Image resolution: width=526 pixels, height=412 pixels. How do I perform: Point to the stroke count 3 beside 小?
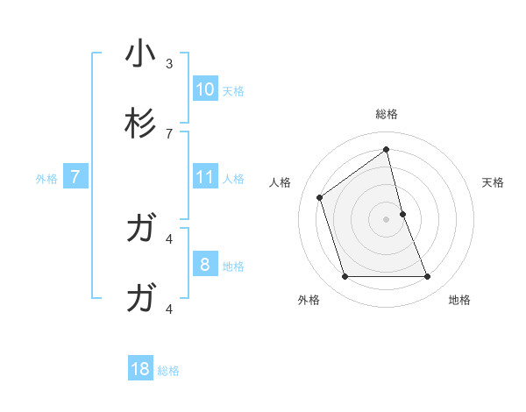(x=169, y=64)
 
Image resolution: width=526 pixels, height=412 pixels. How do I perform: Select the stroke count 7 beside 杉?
(x=169, y=133)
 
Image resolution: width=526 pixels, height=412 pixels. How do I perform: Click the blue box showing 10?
(x=205, y=89)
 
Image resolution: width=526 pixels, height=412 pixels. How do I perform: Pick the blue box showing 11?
(x=205, y=177)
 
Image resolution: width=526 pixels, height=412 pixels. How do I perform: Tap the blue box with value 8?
(x=205, y=264)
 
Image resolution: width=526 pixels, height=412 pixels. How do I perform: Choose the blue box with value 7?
(x=75, y=177)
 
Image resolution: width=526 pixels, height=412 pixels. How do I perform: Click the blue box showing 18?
(x=140, y=369)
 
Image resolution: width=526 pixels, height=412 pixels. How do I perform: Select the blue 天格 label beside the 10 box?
(x=233, y=90)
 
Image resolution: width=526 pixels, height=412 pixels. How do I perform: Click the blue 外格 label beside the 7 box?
(x=46, y=179)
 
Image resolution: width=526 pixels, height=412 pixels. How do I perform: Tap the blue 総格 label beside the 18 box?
(x=168, y=371)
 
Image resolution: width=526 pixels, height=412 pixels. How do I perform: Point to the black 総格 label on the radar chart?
(x=387, y=114)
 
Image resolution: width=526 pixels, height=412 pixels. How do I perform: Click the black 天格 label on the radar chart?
(x=494, y=182)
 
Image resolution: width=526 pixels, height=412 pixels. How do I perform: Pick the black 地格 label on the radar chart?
(x=459, y=300)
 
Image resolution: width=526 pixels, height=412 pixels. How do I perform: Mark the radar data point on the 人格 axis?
(x=320, y=197)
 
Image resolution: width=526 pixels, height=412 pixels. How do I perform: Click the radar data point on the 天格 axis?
(x=402, y=214)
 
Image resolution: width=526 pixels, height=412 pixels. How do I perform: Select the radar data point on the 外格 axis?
(x=345, y=277)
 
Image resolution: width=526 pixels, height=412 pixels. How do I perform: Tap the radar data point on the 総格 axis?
(x=387, y=149)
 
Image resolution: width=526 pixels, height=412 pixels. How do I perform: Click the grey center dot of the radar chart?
(x=387, y=219)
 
